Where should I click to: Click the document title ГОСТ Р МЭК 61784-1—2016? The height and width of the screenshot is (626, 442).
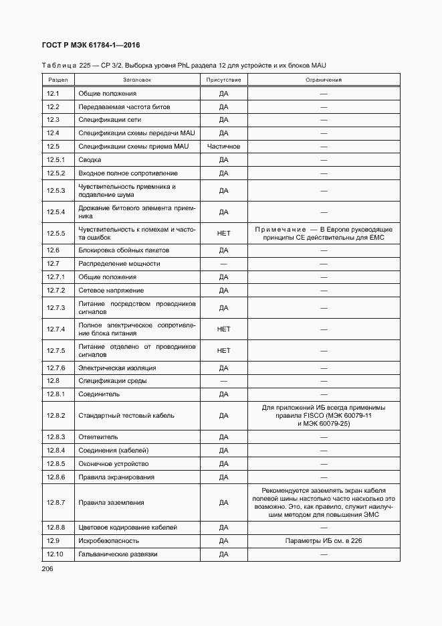pos(91,46)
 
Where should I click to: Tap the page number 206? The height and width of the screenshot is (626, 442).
pos(48,569)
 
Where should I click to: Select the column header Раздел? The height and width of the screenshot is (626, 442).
pos(53,80)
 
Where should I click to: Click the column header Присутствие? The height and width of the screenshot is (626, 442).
pos(223,80)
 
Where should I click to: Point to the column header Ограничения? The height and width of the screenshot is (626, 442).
pos(323,80)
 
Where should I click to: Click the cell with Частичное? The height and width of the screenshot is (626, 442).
pos(223,147)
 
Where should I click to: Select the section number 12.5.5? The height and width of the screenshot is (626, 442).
pos(56,233)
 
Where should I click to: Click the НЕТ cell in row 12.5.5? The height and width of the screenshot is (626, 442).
pos(223,233)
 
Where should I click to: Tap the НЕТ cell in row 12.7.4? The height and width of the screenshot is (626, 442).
pos(223,329)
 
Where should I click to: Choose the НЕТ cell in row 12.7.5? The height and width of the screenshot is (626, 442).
pos(223,351)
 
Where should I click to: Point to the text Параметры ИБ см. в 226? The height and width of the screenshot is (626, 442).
pos(323,541)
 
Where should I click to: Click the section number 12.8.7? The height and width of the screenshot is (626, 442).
pos(56,503)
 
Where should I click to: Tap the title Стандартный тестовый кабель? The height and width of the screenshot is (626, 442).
pos(126,416)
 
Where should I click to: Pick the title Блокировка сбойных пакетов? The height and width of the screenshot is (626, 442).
pos(124,250)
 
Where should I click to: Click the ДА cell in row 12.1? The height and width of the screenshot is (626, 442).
pos(223,94)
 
